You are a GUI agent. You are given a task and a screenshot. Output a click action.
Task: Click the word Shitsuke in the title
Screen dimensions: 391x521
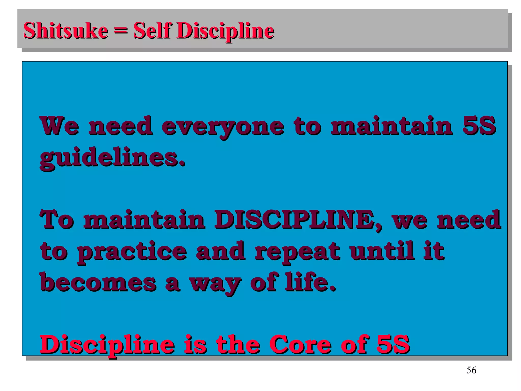(66, 31)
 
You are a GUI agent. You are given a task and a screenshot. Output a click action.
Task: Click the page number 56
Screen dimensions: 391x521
(471, 370)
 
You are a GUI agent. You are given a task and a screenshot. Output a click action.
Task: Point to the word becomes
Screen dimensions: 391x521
(98, 283)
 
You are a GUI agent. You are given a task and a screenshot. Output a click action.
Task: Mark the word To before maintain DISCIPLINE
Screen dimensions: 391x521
(57, 219)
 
